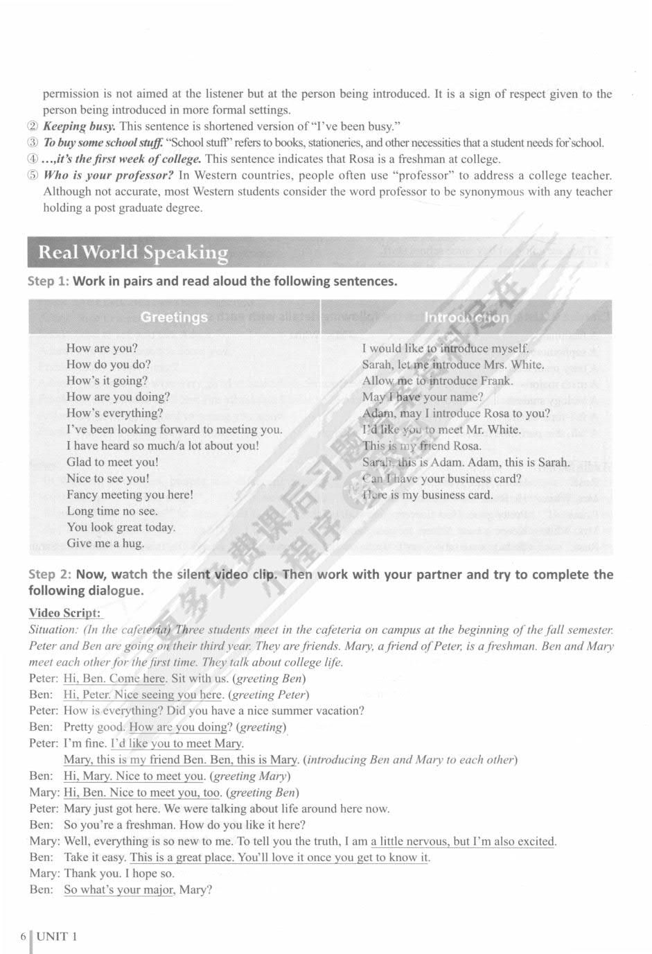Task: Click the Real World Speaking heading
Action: coord(133,252)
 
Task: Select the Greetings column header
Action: coord(174,318)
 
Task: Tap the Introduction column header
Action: coord(466,318)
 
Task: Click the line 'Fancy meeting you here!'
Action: coord(130,495)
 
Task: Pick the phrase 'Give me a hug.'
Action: coord(105,544)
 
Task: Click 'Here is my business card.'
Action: coord(428,495)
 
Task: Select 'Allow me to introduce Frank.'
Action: coord(437,381)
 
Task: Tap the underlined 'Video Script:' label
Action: coord(64,613)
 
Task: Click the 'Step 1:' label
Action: coord(49,281)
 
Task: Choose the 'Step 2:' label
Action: coord(50,575)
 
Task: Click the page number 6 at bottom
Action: coord(24,937)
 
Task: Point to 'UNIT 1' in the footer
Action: coord(58,937)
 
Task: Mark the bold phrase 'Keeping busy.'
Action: coord(79,126)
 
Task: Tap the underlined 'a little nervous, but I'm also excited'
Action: coord(463,842)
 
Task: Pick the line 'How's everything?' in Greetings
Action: coord(115,413)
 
